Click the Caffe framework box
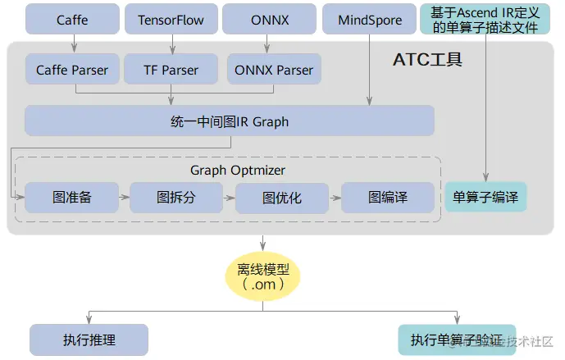click(72, 19)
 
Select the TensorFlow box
click(171, 19)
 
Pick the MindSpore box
click(370, 19)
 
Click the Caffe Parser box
click(72, 70)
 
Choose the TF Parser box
click(171, 70)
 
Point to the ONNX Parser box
click(273, 70)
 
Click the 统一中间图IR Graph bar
click(229, 121)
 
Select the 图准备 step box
click(72, 197)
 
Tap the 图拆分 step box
click(176, 197)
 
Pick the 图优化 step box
click(282, 198)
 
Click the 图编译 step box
click(387, 198)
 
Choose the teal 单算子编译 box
click(485, 198)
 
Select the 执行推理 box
click(89, 339)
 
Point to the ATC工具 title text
click(427, 59)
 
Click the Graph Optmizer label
click(238, 170)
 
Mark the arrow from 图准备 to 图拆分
click(124, 198)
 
